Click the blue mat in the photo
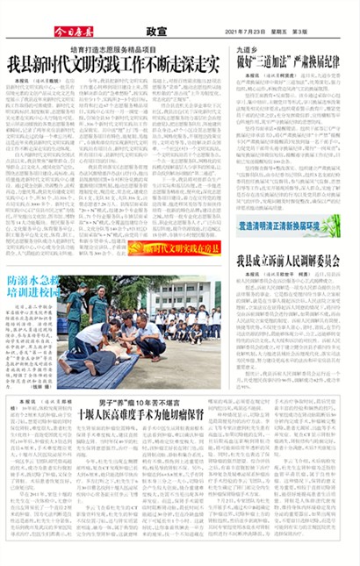pos(97,369)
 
